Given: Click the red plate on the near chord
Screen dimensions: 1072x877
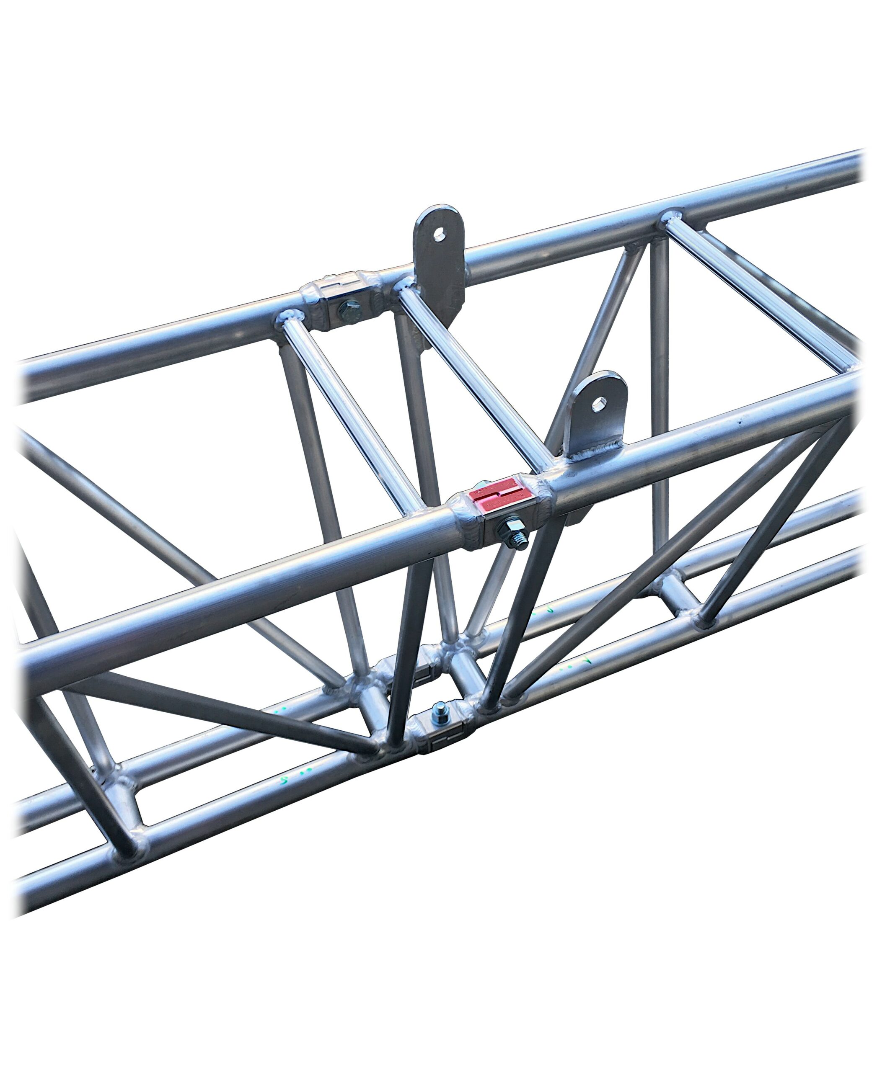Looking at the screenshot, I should (x=499, y=497).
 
